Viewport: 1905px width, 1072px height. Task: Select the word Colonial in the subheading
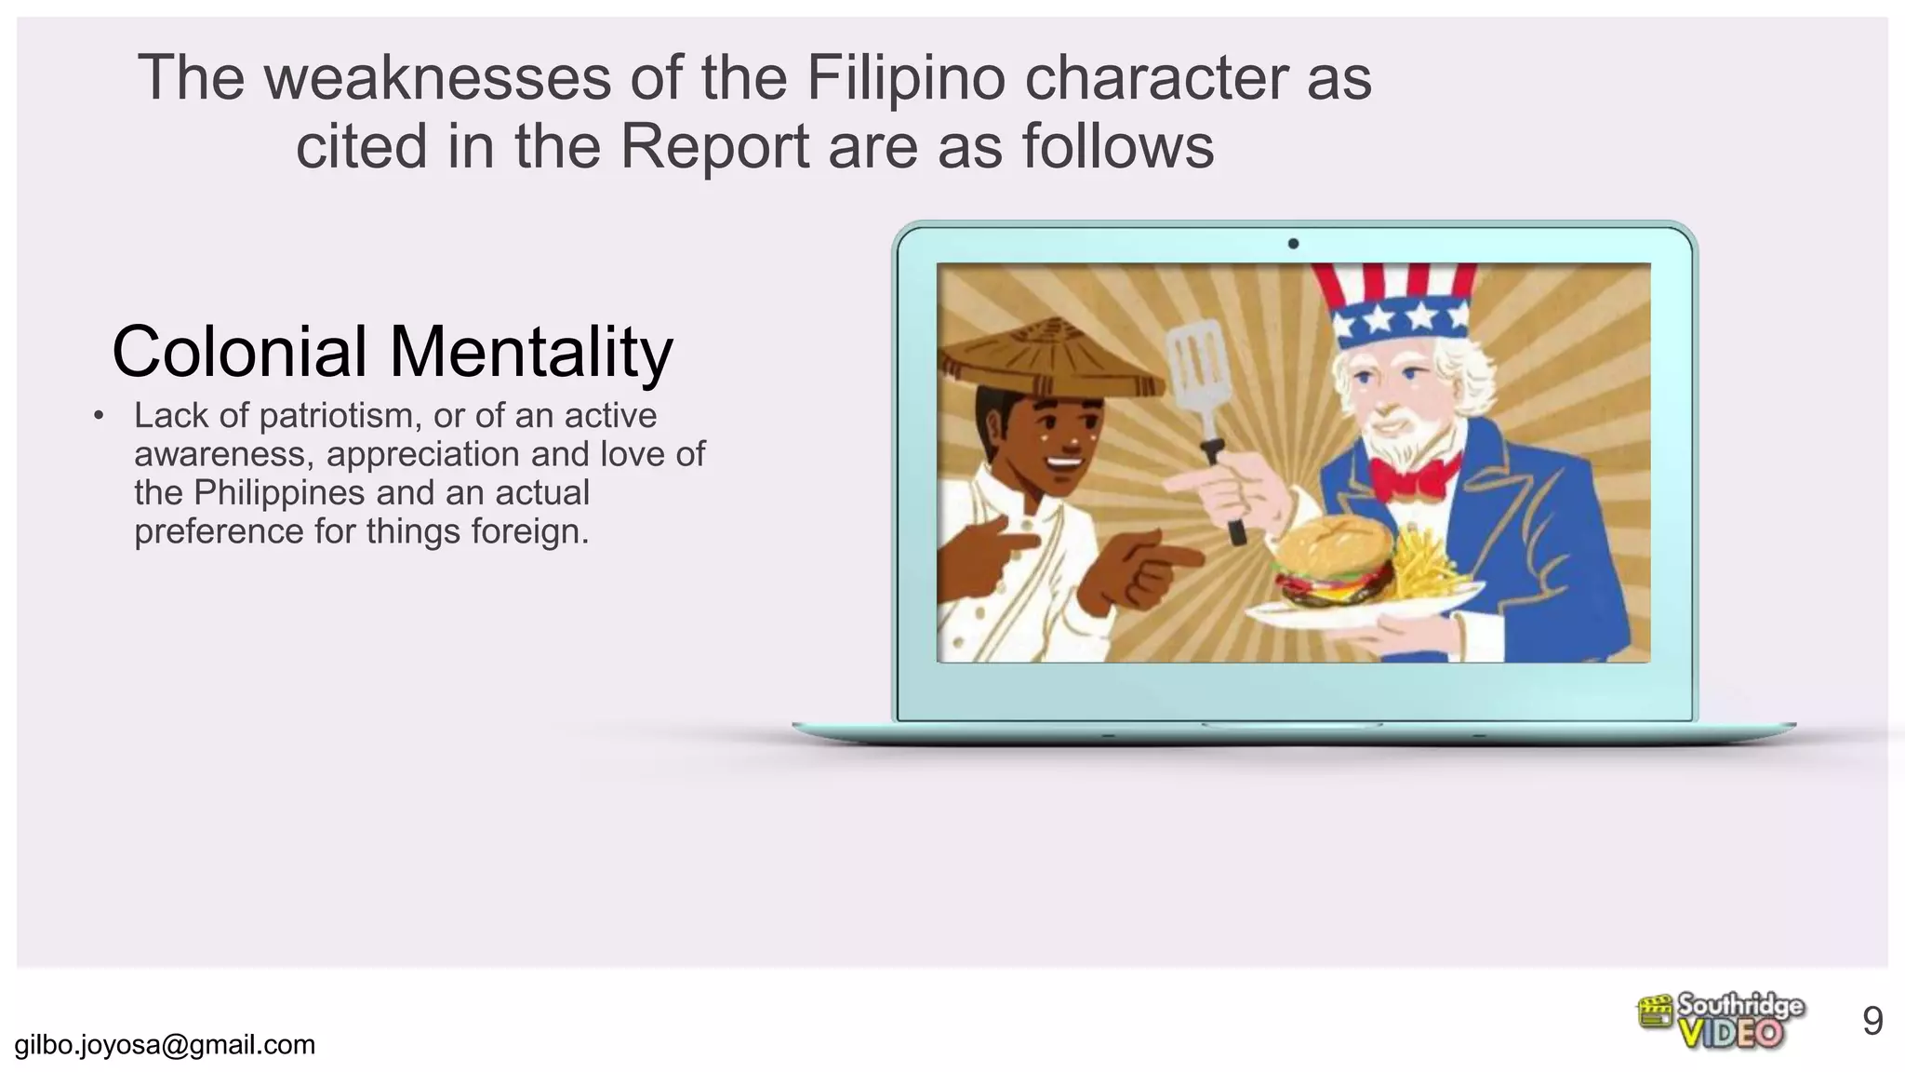239,352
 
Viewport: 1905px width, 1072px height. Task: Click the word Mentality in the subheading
530,354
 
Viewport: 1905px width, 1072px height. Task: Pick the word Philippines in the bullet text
279,493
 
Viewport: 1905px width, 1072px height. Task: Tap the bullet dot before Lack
99,416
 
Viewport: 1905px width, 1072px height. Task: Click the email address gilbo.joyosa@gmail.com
165,1045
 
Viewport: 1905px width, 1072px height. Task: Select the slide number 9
1872,1022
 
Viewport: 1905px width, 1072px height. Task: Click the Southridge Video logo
1721,1021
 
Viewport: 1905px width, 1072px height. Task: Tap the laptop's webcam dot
1293,244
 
